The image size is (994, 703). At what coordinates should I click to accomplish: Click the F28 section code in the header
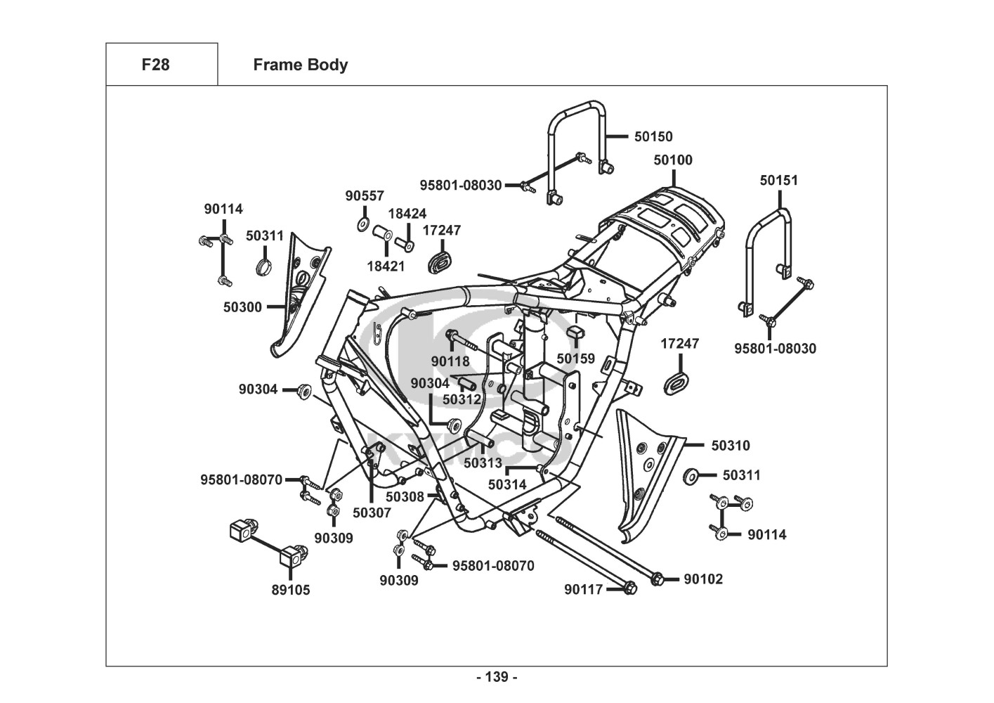tap(155, 65)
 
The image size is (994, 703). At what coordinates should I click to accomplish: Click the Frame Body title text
tap(300, 65)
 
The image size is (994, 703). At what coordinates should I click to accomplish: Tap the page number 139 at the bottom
tap(497, 677)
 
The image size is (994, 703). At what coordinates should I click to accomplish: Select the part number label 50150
tap(653, 136)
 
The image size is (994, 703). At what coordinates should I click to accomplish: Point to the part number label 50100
tap(673, 160)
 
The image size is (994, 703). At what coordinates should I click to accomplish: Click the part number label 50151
tap(779, 180)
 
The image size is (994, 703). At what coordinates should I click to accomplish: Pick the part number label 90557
tap(365, 196)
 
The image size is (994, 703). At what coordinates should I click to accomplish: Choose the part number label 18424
tap(407, 214)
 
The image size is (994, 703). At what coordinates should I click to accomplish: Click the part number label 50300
tap(242, 307)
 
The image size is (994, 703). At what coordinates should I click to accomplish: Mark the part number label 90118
tap(450, 361)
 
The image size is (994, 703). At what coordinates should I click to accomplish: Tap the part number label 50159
tap(576, 359)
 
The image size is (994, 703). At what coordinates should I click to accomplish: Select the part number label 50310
tap(731, 446)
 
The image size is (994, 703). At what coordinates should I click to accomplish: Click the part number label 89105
tap(291, 590)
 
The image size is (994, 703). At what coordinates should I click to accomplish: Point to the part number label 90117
tap(584, 590)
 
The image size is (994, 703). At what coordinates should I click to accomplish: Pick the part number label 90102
tap(703, 579)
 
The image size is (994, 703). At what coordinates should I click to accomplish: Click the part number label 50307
tap(372, 512)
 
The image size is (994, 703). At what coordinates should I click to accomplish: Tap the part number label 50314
tap(507, 484)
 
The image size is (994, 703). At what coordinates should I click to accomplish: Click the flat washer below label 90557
tap(362, 224)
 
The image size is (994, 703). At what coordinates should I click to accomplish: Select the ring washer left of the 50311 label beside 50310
tap(691, 476)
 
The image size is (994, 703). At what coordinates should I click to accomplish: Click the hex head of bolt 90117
tap(629, 588)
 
